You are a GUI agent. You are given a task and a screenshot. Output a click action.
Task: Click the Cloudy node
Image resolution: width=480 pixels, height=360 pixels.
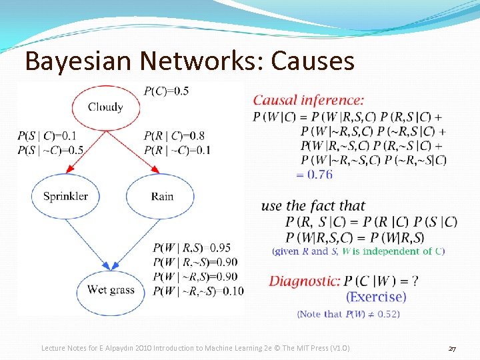tap(105, 107)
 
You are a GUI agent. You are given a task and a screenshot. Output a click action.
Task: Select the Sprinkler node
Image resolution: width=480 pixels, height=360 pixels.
tap(65, 196)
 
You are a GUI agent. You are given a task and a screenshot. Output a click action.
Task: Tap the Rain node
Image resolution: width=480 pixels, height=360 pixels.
tap(162, 196)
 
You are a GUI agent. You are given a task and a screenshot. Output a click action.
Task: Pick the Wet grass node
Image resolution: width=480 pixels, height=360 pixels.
tap(111, 289)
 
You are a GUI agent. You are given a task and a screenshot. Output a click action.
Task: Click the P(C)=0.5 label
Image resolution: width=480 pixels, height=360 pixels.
tap(166, 91)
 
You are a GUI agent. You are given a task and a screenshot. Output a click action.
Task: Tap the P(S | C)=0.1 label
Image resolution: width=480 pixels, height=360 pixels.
tap(47, 137)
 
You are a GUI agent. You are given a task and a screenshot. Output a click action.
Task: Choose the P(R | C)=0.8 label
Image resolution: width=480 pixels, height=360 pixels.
tap(174, 137)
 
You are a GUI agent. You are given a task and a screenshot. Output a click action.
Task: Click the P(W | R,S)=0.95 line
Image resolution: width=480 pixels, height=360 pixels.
tap(192, 248)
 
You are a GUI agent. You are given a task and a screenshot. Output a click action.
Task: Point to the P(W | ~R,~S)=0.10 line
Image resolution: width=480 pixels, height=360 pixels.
tap(198, 290)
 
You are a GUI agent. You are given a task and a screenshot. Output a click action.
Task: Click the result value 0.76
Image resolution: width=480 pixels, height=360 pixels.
tap(315, 174)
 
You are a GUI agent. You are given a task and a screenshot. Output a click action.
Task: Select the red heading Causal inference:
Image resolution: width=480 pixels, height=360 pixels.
tap(308, 101)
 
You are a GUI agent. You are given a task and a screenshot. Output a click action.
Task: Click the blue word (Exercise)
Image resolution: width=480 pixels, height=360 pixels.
tap(376, 297)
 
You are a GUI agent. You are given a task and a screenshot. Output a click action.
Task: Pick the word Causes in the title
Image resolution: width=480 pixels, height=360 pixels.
tap(308, 61)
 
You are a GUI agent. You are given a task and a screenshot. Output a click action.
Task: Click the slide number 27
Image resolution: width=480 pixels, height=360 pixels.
tap(452, 349)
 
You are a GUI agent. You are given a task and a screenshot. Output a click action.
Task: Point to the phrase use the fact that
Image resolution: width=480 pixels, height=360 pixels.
tap(313, 206)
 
